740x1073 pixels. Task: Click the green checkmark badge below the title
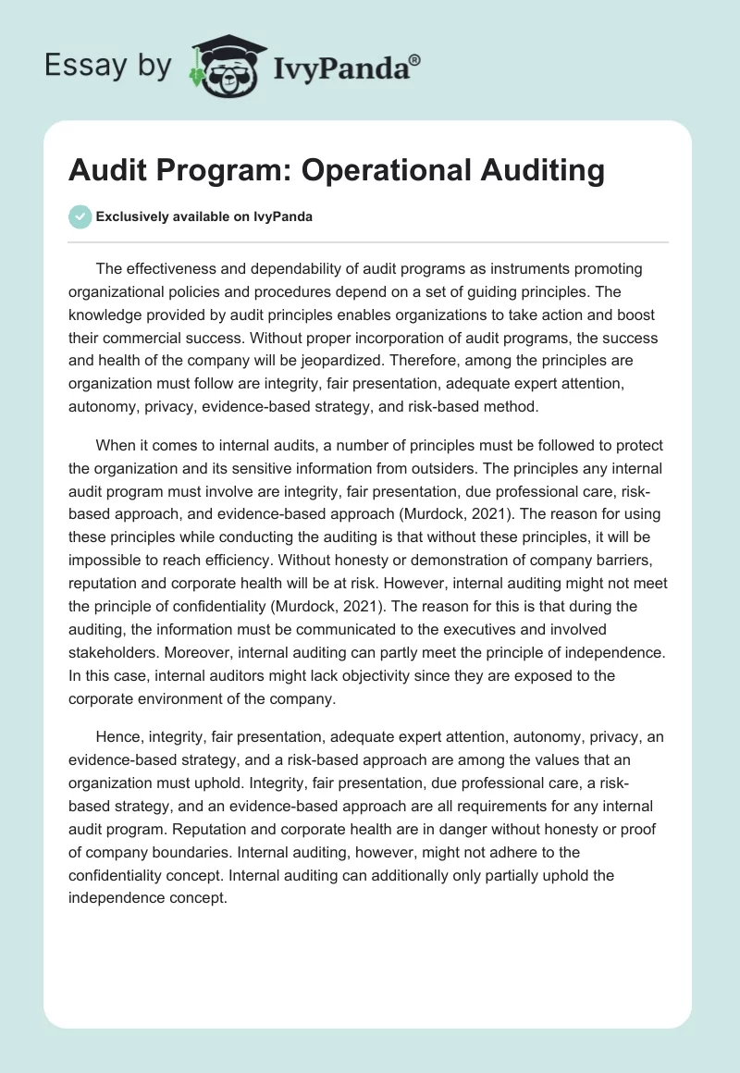[80, 216]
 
